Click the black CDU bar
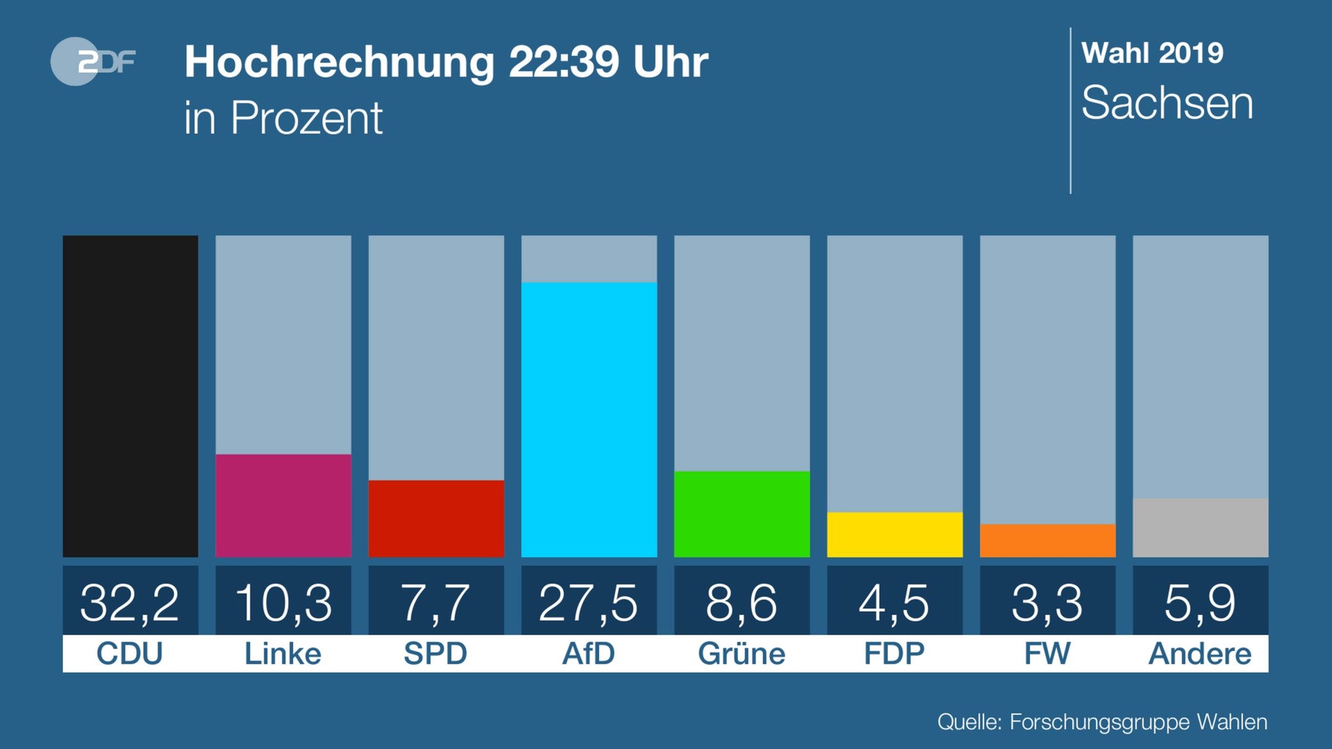click(x=130, y=396)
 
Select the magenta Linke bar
click(x=283, y=506)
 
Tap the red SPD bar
click(x=436, y=518)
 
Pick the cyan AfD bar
click(x=589, y=420)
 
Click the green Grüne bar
click(x=742, y=514)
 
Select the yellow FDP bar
click(x=894, y=535)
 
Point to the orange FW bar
click(x=1048, y=540)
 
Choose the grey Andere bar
click(x=1200, y=528)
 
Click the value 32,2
click(x=130, y=602)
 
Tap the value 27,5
click(x=588, y=602)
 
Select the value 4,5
click(x=894, y=602)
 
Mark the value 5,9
click(x=1199, y=602)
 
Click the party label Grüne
click(x=741, y=654)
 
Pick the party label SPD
click(x=436, y=654)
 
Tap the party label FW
click(x=1047, y=654)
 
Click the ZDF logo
click(x=92, y=62)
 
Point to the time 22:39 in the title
click(x=563, y=62)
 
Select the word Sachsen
click(x=1167, y=103)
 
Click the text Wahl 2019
click(x=1152, y=53)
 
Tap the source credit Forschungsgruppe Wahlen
click(x=1138, y=722)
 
